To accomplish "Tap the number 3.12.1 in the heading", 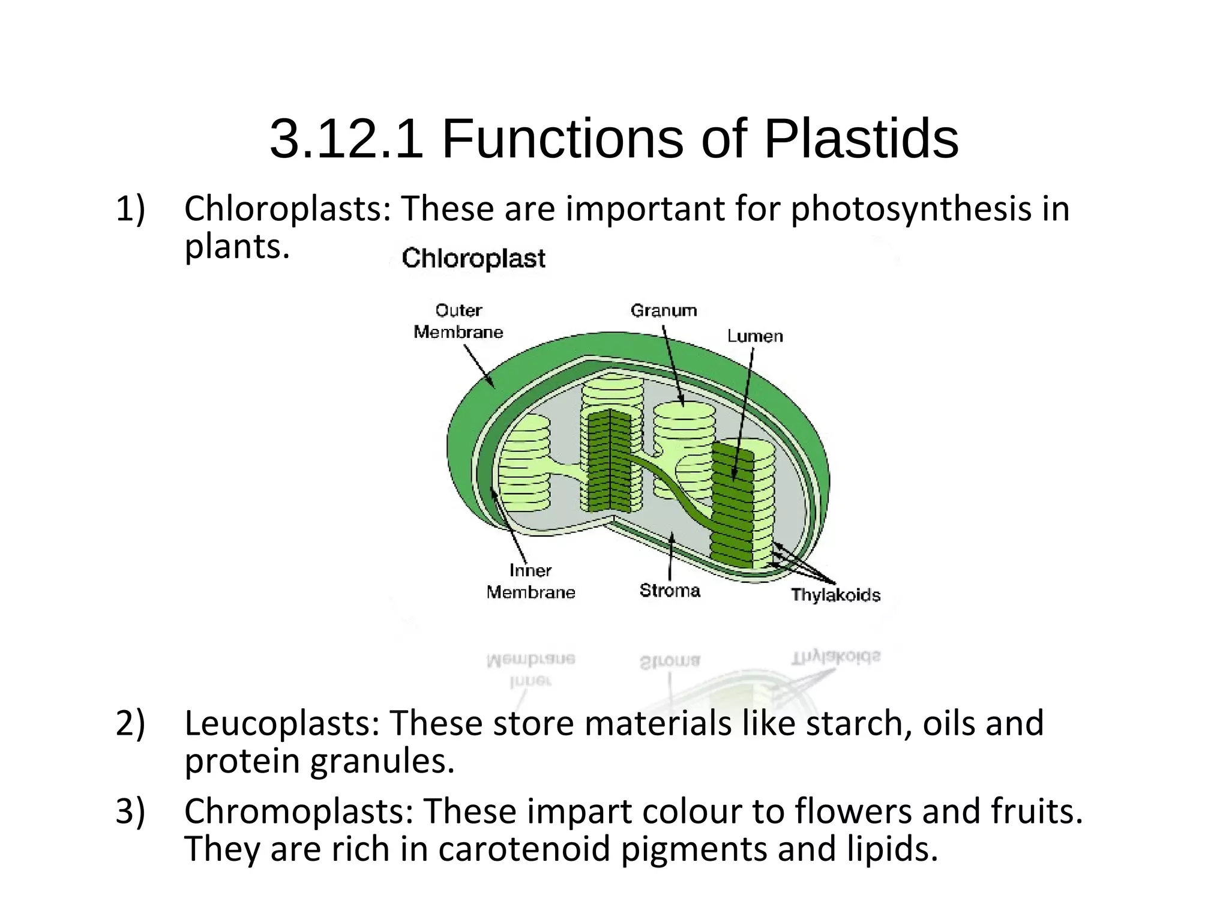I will pos(346,139).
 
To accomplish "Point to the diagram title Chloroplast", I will pos(473,259).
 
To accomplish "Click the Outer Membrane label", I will pos(458,321).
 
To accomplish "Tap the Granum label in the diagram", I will pos(664,310).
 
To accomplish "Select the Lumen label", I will pos(755,336).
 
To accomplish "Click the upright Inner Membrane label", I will pos(530,581).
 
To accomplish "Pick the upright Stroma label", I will pos(670,591).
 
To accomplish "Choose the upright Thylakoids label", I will pos(835,595).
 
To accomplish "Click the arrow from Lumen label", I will pos(743,414).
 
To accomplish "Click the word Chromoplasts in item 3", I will pos(299,811).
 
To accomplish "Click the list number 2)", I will pos(130,723).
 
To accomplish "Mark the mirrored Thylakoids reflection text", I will pos(835,657).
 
